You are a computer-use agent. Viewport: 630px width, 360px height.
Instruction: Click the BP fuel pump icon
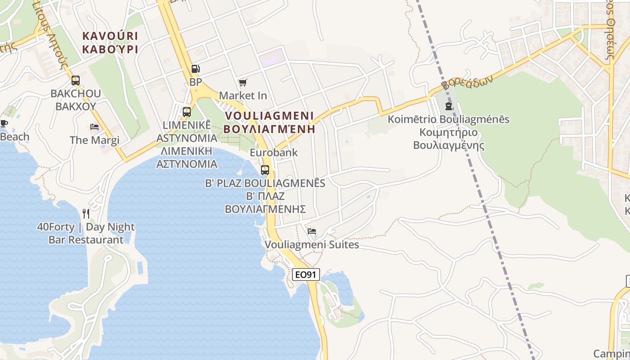point(195,69)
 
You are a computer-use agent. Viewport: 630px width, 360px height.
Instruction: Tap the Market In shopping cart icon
point(243,82)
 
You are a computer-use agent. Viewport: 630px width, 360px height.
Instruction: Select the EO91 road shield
point(306,274)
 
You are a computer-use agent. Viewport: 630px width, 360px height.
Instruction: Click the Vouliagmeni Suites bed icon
point(311,231)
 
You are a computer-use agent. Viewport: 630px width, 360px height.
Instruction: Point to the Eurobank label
point(274,153)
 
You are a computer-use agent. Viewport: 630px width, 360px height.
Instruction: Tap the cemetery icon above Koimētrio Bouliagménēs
point(448,106)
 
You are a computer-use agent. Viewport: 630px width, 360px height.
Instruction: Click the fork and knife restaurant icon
point(86,213)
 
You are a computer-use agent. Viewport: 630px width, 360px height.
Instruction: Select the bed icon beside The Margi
point(94,127)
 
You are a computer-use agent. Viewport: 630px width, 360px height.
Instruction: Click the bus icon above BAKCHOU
point(76,81)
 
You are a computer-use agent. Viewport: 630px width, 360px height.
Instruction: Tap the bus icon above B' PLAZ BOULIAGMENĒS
point(265,170)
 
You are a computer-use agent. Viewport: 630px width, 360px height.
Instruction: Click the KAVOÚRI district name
point(110,36)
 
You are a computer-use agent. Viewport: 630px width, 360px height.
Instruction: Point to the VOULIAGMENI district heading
point(269,115)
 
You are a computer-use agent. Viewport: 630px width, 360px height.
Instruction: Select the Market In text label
point(243,96)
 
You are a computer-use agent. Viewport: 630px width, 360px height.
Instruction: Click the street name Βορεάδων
point(467,82)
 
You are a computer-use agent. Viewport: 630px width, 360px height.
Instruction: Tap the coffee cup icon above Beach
point(4,123)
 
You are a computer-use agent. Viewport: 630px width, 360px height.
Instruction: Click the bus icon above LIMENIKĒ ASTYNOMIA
point(186,112)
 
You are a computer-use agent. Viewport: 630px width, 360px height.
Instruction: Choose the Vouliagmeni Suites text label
point(312,245)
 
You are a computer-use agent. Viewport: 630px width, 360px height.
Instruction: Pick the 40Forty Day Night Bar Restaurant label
point(86,233)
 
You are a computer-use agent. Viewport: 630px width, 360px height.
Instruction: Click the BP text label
point(196,82)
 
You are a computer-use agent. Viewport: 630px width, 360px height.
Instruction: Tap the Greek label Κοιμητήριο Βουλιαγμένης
point(449,139)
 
